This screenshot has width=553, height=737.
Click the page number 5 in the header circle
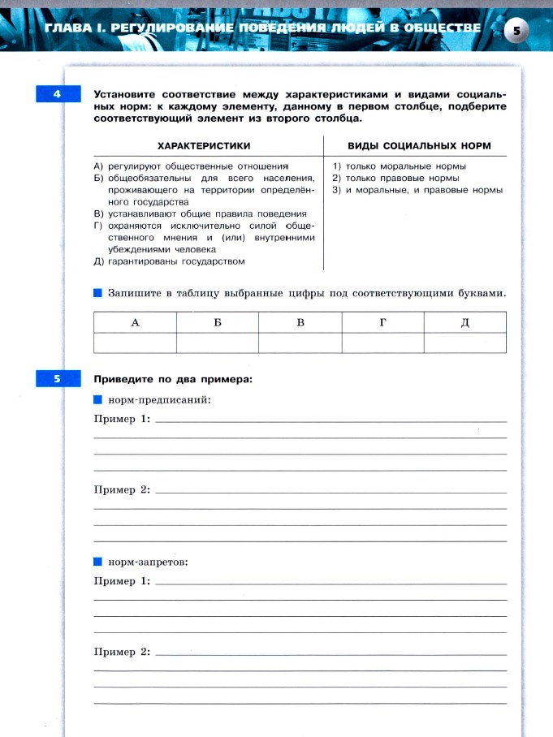(516, 30)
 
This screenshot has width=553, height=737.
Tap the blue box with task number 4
(58, 96)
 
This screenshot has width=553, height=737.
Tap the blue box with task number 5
(58, 379)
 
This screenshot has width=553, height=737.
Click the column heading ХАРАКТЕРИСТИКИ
(203, 145)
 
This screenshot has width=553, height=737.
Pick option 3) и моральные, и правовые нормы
(417, 190)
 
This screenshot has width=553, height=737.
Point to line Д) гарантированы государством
(170, 261)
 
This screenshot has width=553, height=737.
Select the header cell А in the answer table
(136, 323)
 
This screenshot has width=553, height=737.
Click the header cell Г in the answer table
(382, 323)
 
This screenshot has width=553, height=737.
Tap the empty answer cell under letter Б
(218, 343)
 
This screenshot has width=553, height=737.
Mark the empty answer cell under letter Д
(464, 343)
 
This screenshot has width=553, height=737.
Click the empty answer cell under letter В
(300, 343)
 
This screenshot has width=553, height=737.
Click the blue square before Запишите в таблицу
(98, 292)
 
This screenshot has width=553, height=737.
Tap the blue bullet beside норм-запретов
(98, 561)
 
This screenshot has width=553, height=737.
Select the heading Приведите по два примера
(173, 379)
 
